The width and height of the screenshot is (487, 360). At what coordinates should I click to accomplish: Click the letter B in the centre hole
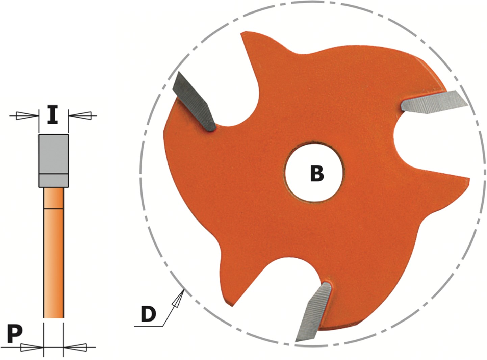click(x=317, y=174)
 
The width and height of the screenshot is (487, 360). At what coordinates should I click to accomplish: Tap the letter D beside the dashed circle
click(x=148, y=314)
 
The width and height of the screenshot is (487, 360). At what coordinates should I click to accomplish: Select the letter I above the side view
click(x=53, y=114)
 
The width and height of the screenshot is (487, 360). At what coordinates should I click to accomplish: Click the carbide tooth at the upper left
click(x=194, y=102)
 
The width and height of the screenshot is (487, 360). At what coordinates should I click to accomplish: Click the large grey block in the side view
click(x=53, y=154)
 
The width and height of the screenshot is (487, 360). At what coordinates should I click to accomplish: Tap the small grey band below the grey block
click(x=53, y=181)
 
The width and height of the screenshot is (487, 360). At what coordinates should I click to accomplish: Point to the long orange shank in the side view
click(x=54, y=263)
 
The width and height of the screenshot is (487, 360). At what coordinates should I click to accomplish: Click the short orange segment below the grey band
click(x=54, y=198)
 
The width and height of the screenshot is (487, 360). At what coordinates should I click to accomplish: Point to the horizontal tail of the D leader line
click(x=148, y=326)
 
